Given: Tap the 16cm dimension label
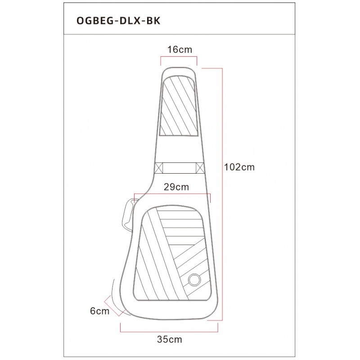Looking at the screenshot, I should point(179,49).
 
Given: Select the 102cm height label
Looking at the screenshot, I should point(240,167).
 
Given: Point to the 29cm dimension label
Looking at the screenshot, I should point(173,187).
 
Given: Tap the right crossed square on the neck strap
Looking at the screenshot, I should point(200,167).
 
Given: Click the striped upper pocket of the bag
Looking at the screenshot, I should point(179,106).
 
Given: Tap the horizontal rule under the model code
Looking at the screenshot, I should point(180,35).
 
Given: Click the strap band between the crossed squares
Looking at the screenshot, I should point(179,167).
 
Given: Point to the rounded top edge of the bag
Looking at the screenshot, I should point(179,67).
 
